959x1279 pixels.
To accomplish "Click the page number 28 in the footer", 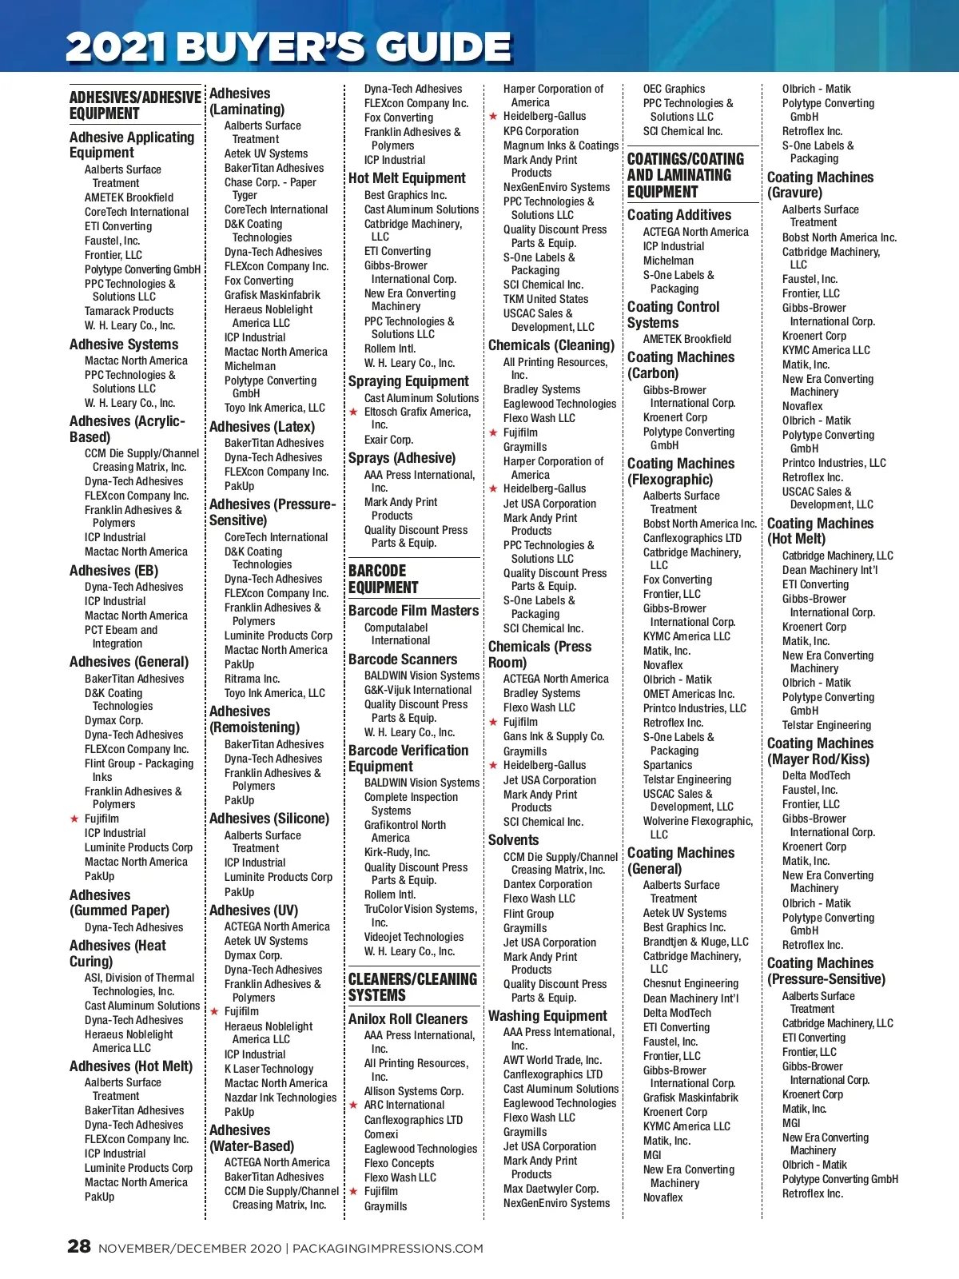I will pyautogui.click(x=79, y=1246).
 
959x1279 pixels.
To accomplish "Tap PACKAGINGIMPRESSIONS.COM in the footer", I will pyautogui.click(x=388, y=1248).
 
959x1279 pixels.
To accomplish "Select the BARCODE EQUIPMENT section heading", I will pyautogui.click(x=384, y=579).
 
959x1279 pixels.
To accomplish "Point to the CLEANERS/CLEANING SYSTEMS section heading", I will pyautogui.click(x=412, y=987).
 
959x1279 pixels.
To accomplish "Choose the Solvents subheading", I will pyautogui.click(x=514, y=839).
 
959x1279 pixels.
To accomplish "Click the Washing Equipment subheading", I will pyautogui.click(x=547, y=1016).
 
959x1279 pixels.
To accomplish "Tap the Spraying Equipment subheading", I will pyautogui.click(x=408, y=381).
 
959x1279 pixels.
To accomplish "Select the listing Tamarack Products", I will pyautogui.click(x=129, y=311).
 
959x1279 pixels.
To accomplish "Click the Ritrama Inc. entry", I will pyautogui.click(x=252, y=679).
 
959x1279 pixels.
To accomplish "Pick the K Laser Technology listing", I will pyautogui.click(x=269, y=1069).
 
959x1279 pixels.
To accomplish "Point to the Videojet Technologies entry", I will pyautogui.click(x=413, y=937).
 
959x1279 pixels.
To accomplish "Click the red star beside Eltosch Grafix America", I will pyautogui.click(x=353, y=412).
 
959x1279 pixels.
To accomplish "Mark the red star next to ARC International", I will pyautogui.click(x=353, y=1106).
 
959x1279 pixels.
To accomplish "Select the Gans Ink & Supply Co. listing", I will pyautogui.click(x=553, y=736).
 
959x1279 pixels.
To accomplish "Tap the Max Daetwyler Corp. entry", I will pyautogui.click(x=550, y=1189).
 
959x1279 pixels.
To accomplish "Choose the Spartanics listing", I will pyautogui.click(x=667, y=765).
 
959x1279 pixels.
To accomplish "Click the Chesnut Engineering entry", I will pyautogui.click(x=690, y=983).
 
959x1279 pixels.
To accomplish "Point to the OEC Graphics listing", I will pyautogui.click(x=674, y=89).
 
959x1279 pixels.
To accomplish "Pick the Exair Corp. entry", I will pyautogui.click(x=388, y=440).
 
